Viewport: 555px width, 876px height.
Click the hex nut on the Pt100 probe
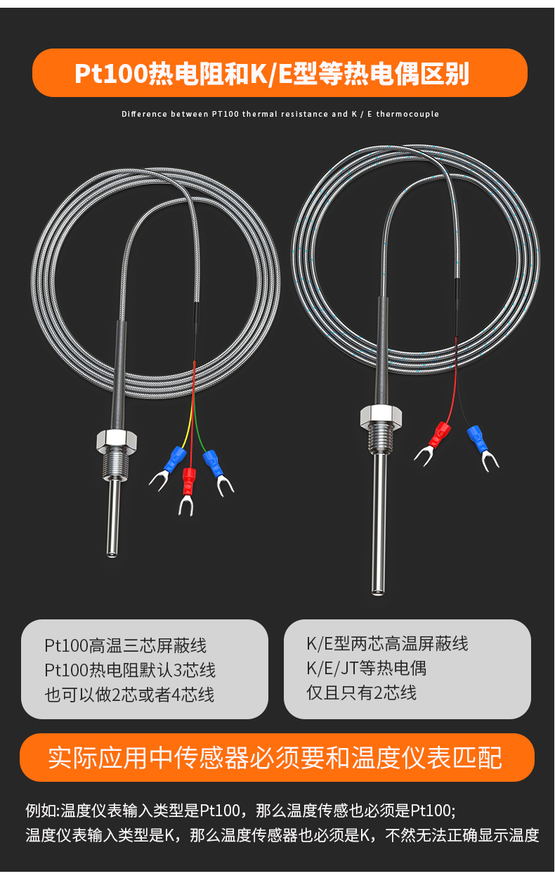point(116,442)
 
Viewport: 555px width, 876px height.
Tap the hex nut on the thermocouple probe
point(382,416)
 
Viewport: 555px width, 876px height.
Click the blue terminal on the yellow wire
point(172,459)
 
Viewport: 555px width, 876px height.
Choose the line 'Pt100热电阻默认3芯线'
point(129,670)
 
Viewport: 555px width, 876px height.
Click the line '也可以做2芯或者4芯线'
point(129,695)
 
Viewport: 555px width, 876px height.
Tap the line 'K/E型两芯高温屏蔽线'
point(386,643)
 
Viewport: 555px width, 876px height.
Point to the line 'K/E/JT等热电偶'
point(366,668)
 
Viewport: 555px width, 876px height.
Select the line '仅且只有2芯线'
point(361,693)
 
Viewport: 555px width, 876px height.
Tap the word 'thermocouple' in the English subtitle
point(407,114)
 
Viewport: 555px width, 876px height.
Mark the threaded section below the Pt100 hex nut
point(115,466)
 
